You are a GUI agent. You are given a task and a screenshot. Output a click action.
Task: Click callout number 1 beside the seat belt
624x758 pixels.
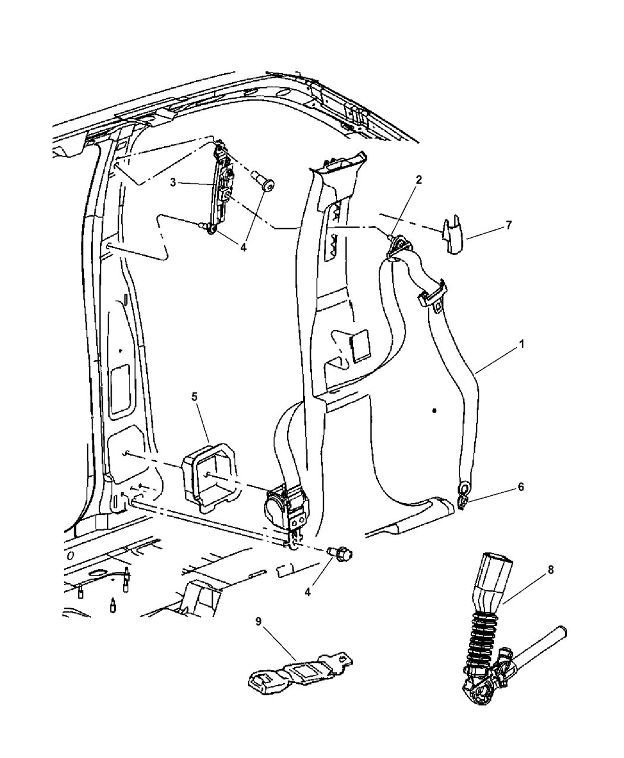pos(522,344)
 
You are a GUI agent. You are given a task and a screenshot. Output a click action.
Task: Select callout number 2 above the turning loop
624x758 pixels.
pos(419,180)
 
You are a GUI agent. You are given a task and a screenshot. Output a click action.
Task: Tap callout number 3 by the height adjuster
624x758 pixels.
pos(173,183)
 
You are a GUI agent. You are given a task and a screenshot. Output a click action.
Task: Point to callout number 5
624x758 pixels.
pos(194,397)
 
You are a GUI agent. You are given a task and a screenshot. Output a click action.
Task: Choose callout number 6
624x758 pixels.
pos(521,487)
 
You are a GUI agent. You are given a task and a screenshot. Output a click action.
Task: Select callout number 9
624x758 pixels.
pos(258,632)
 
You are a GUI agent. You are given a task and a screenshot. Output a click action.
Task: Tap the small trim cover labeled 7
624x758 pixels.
pos(452,235)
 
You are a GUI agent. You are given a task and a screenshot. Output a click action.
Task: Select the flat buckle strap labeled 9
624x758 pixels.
pos(300,673)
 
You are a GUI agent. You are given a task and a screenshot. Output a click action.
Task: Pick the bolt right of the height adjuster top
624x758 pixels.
pos(263,183)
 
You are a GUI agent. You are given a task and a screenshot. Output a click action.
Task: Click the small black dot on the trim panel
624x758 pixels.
pos(434,411)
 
